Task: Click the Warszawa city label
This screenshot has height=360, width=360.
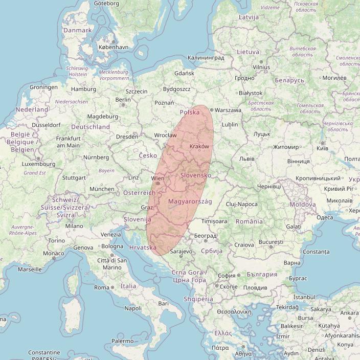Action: click(x=228, y=110)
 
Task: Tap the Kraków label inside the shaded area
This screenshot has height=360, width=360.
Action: click(x=199, y=147)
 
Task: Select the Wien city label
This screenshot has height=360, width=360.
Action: click(x=157, y=178)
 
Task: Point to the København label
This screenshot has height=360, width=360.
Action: click(x=112, y=47)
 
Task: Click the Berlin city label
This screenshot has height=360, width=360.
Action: click(x=123, y=100)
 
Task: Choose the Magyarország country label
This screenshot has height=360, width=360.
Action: click(x=190, y=201)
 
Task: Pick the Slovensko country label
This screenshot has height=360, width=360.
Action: click(x=196, y=175)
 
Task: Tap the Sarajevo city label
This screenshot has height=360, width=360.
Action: click(x=181, y=252)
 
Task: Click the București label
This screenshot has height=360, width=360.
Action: click(x=271, y=241)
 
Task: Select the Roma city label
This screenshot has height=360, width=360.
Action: click(x=102, y=287)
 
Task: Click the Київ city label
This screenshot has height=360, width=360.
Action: click(x=322, y=148)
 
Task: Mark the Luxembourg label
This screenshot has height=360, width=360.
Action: click(x=38, y=164)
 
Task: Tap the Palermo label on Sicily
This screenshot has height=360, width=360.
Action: click(x=123, y=341)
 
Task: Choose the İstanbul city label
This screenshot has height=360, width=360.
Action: click(x=304, y=297)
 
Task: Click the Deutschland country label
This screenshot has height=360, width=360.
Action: click(x=91, y=127)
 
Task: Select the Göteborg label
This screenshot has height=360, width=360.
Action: click(x=107, y=4)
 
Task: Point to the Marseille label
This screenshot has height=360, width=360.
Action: click(x=30, y=269)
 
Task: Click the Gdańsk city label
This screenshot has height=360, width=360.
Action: click(x=184, y=74)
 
